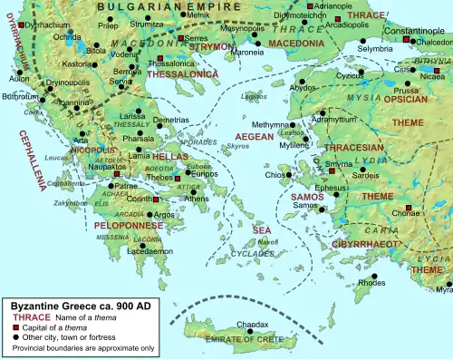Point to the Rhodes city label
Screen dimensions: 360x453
click(x=371, y=284)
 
